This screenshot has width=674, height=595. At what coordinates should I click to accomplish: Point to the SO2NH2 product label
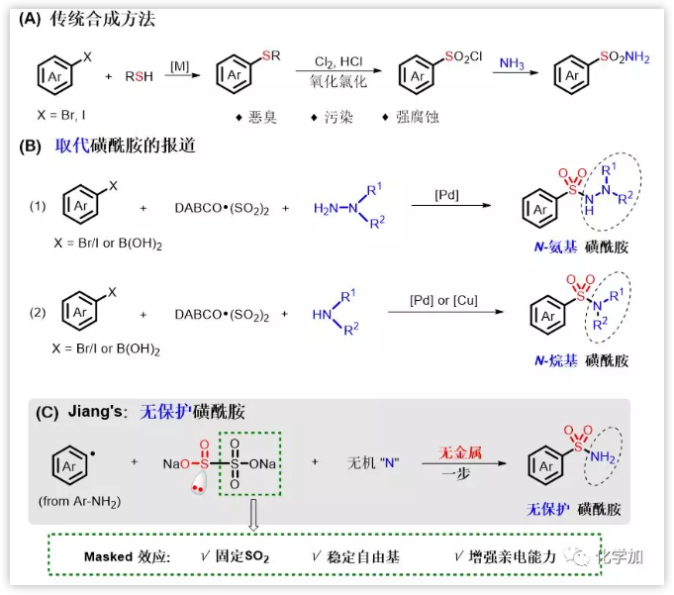[621, 58]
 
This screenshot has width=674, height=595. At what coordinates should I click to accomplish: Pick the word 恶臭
[261, 117]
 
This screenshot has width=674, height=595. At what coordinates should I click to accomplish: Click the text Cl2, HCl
[338, 61]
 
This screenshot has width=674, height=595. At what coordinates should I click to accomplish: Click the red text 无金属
[460, 451]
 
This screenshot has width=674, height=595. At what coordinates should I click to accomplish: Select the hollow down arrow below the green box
[253, 515]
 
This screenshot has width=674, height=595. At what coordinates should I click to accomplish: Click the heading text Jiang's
[91, 412]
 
